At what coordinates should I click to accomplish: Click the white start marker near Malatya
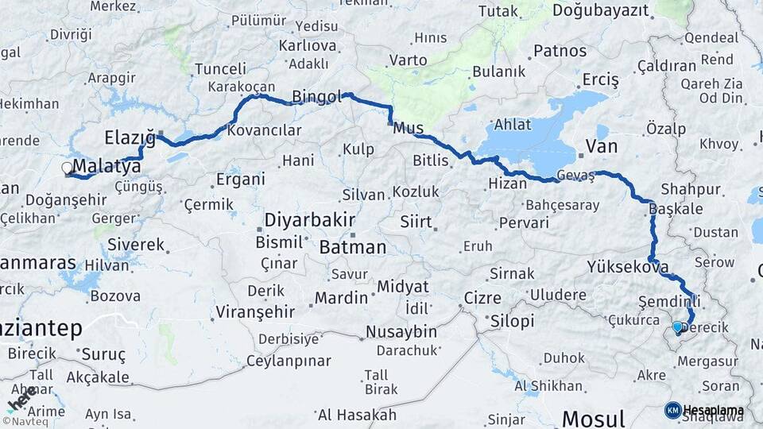coord(67,168)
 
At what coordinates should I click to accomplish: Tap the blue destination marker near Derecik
coord(677,326)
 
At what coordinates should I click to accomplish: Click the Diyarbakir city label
coord(309,220)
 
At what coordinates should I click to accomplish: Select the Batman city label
coord(352,247)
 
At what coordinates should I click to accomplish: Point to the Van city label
coord(601,145)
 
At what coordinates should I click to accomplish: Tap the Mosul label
coord(593,417)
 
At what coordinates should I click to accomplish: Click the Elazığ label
coord(129,137)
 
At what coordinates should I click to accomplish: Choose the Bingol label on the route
coord(316,97)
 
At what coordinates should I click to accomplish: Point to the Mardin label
coord(341,298)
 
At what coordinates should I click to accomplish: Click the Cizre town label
coord(483,299)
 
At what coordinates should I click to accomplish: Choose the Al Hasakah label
coord(356,415)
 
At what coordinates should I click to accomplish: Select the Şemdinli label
coord(669,301)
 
